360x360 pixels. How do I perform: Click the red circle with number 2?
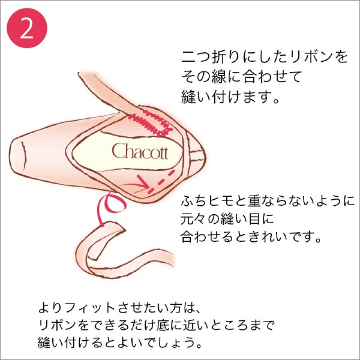[27, 28]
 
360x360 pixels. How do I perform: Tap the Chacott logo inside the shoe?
[140, 151]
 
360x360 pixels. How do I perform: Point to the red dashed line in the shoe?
[161, 180]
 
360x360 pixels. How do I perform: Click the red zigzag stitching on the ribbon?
[151, 123]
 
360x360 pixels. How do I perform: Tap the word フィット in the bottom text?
[90, 308]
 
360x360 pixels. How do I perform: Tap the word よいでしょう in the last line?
[165, 342]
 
